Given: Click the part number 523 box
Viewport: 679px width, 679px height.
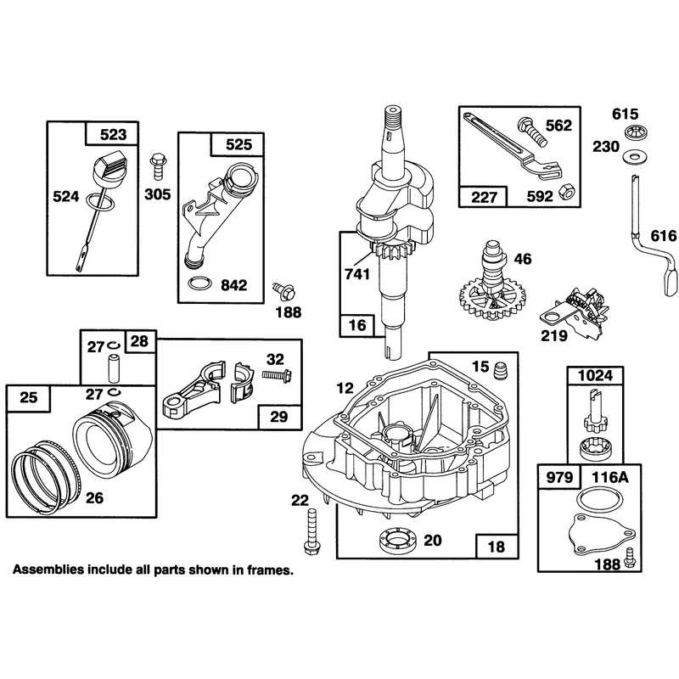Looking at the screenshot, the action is click(x=112, y=134).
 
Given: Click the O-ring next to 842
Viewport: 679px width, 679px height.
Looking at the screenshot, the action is click(x=200, y=284).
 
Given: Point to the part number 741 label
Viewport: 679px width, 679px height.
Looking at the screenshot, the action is click(x=357, y=274).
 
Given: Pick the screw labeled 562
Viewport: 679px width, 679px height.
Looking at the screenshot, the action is click(x=532, y=132).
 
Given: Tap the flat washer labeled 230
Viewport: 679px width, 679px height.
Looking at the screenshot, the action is click(x=632, y=156).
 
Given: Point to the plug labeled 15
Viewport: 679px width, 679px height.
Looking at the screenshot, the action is click(x=500, y=368).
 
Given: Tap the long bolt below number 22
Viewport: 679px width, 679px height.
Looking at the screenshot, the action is click(x=312, y=531).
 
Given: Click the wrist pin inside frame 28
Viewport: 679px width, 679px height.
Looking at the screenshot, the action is click(x=114, y=368).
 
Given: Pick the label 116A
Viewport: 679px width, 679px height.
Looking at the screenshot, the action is click(x=609, y=477).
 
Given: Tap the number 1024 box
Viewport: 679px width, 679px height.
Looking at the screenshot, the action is click(x=596, y=375).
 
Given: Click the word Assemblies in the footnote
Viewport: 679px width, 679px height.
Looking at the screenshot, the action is click(x=48, y=569).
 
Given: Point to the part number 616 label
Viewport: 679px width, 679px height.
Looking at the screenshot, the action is click(x=664, y=236).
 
